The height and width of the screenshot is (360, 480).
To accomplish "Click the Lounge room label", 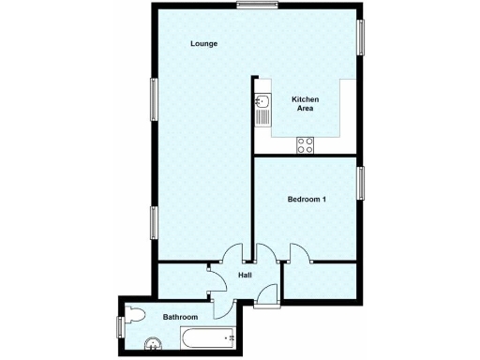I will (x=204, y=44).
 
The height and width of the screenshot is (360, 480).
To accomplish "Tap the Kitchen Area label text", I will (x=306, y=103).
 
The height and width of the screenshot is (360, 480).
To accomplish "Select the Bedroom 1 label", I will (x=306, y=200).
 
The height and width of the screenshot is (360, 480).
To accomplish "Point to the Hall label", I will (x=245, y=275).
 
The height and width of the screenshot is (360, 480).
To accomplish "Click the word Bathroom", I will (x=180, y=318).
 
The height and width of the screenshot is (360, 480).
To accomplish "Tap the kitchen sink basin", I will (x=264, y=100).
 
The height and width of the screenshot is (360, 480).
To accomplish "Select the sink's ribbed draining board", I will (x=264, y=120).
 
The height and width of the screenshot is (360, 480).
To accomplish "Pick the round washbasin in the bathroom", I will (x=151, y=344).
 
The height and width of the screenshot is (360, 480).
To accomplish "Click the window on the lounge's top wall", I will (x=254, y=7).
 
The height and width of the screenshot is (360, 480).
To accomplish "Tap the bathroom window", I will (x=120, y=325).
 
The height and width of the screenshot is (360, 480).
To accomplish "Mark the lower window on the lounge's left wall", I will (x=154, y=222).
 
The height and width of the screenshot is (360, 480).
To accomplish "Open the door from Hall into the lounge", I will (x=233, y=253).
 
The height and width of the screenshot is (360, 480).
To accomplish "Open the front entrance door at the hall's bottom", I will (x=267, y=294).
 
